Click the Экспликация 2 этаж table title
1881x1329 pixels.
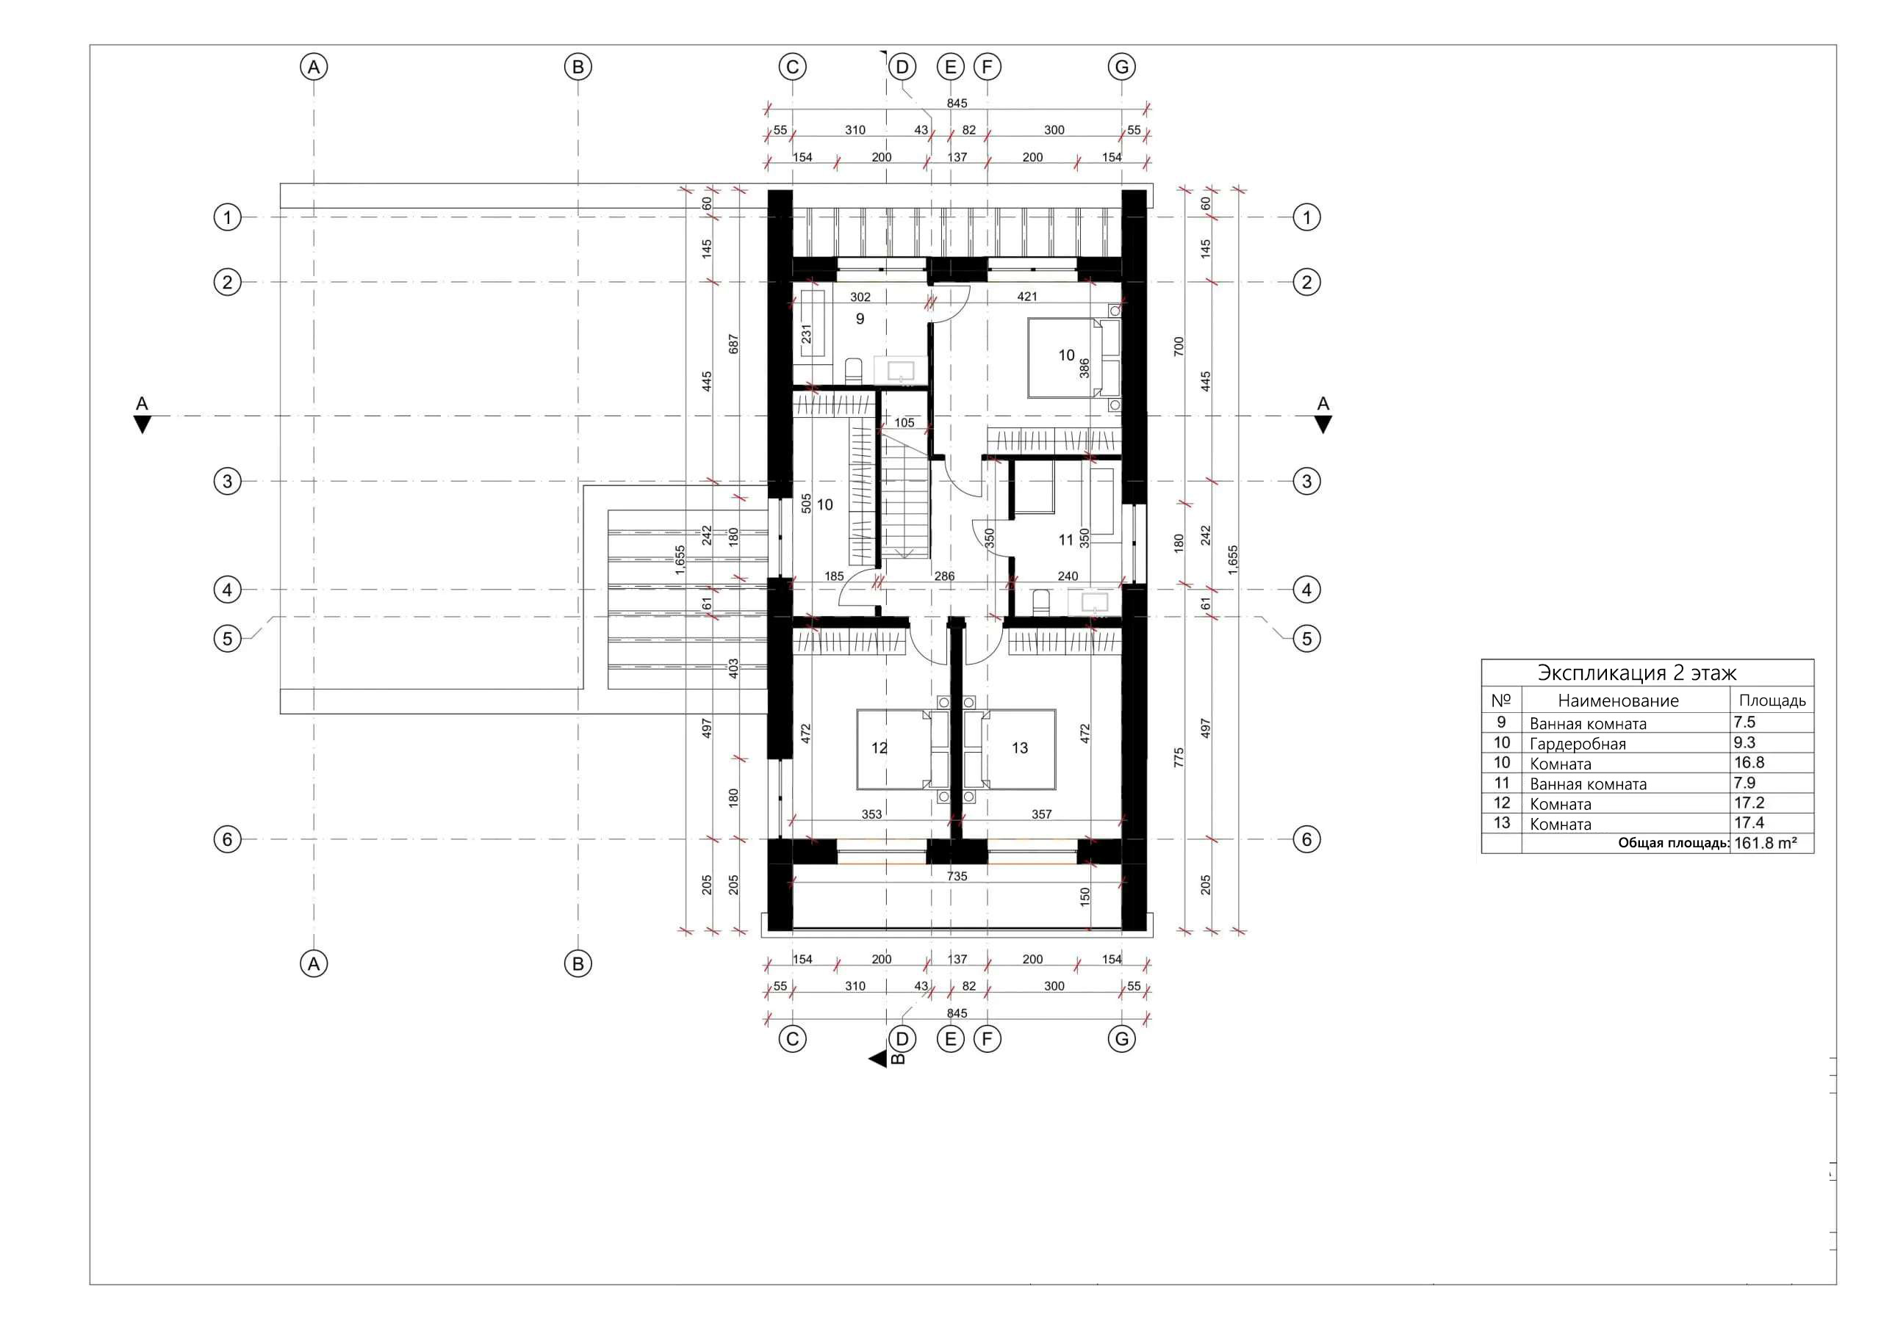click(x=1636, y=673)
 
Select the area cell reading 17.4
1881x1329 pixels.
click(x=1748, y=822)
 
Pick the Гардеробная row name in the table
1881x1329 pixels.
click(x=1577, y=744)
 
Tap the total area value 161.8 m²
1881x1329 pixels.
click(x=1765, y=843)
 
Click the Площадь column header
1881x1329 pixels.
click(x=1772, y=700)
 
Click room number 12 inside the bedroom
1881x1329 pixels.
click(x=878, y=747)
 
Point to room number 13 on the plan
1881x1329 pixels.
click(x=1019, y=747)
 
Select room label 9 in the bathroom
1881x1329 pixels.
click(x=860, y=319)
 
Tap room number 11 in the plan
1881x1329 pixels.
click(x=1065, y=540)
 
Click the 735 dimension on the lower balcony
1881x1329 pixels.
click(x=956, y=876)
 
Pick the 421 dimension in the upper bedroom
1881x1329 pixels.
click(x=1026, y=297)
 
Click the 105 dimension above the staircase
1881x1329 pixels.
click(x=904, y=422)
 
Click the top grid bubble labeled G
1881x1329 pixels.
click(x=1121, y=66)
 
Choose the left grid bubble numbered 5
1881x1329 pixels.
click(x=227, y=638)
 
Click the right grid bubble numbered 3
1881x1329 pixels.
click(x=1306, y=481)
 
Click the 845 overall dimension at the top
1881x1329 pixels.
click(x=956, y=104)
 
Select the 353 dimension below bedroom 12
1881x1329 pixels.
click(x=871, y=814)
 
